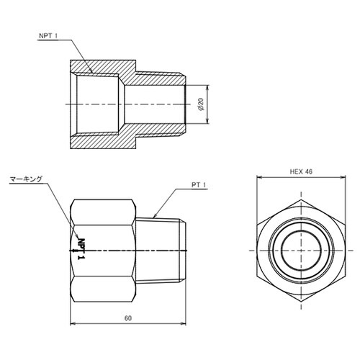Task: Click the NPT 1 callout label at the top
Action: (48, 36)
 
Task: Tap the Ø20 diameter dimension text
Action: (201, 104)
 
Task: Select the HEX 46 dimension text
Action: (301, 171)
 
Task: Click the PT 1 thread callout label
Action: (199, 185)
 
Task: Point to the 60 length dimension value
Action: (128, 318)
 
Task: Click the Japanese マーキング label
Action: (26, 179)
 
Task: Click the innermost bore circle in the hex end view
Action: (301, 251)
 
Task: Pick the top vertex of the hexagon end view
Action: (301, 199)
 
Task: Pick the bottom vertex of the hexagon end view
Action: (301, 302)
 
